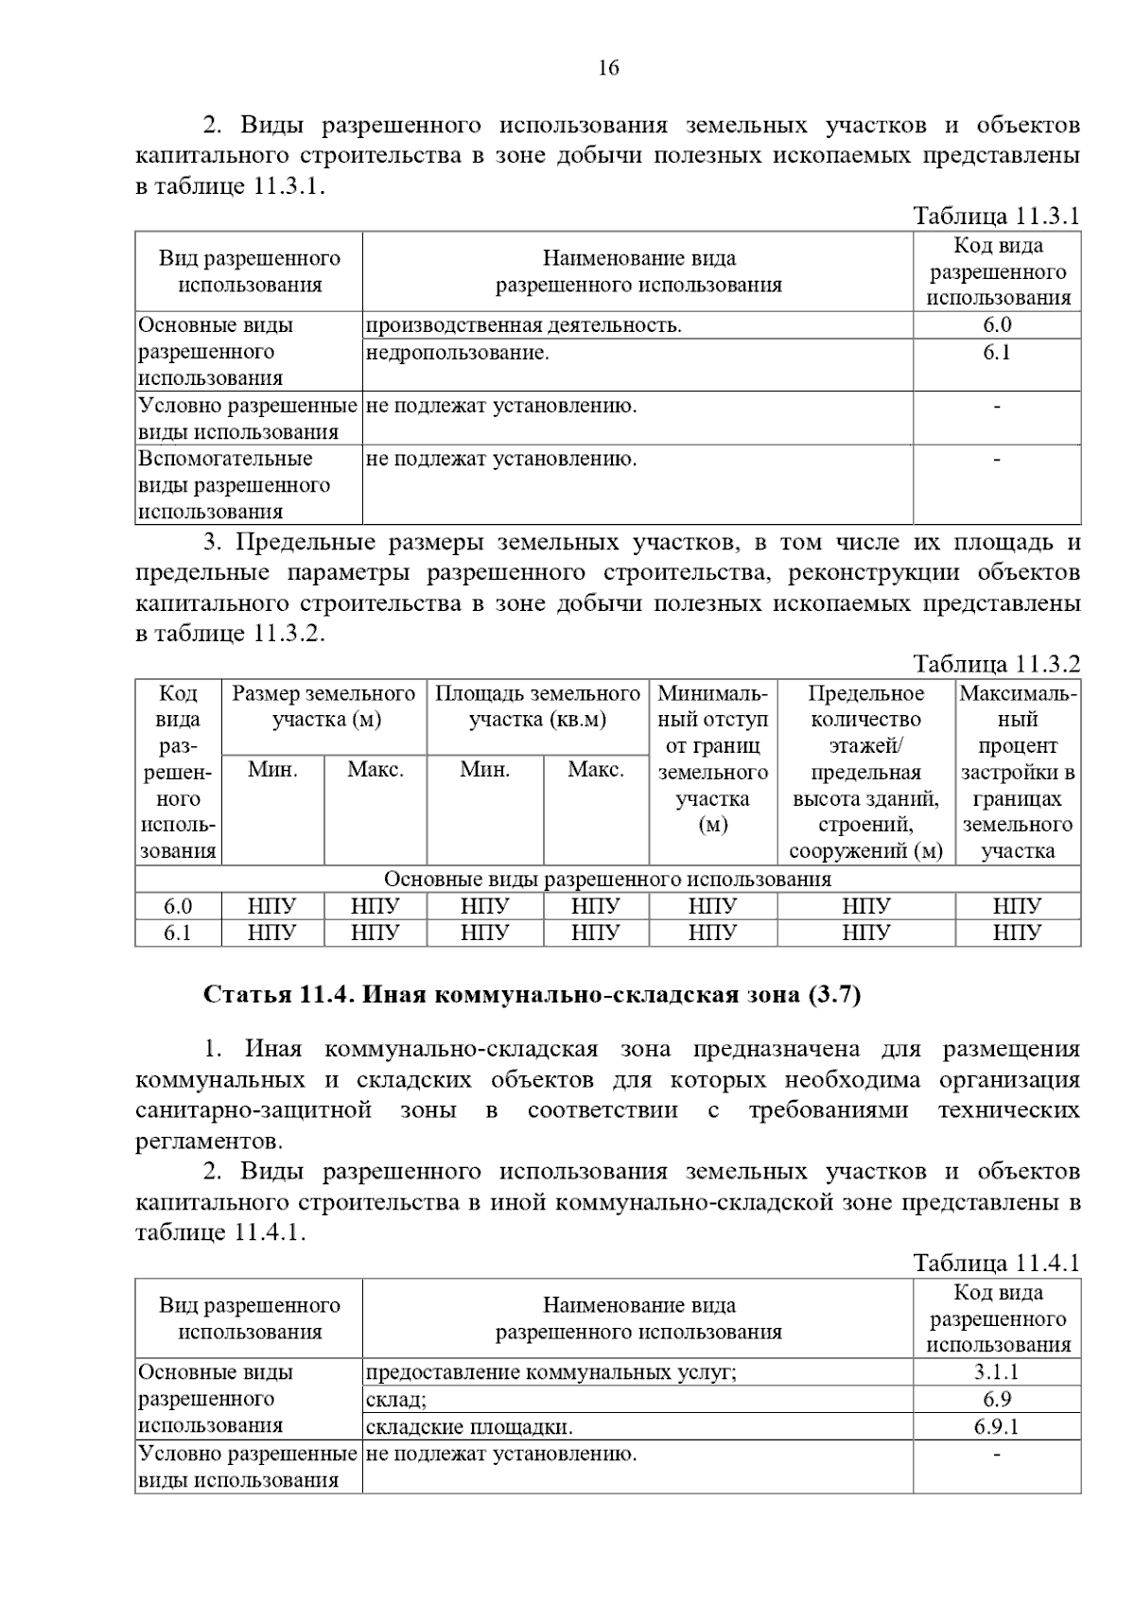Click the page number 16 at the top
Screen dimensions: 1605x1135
pyautogui.click(x=608, y=67)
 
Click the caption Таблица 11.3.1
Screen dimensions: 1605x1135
pyautogui.click(x=996, y=216)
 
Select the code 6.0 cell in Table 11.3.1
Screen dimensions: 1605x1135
pyautogui.click(x=997, y=325)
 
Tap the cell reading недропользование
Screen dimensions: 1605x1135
pyautogui.click(x=458, y=353)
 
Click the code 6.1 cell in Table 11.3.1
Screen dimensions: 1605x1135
pyautogui.click(x=997, y=353)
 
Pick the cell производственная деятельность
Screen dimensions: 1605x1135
pyautogui.click(x=524, y=325)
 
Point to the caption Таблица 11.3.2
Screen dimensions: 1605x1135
pyautogui.click(x=996, y=664)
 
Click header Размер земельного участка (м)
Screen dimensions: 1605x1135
pyautogui.click(x=324, y=707)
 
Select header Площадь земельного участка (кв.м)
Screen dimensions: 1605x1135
pyautogui.click(x=537, y=707)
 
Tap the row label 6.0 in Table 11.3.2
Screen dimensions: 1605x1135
pyautogui.click(x=178, y=906)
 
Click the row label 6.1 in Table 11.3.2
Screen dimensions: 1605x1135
pyautogui.click(x=178, y=933)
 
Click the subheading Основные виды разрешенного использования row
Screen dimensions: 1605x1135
pyautogui.click(x=607, y=880)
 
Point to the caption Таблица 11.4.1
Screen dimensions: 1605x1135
pyautogui.click(x=996, y=1263)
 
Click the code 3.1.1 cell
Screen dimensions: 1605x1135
pyautogui.click(x=997, y=1372)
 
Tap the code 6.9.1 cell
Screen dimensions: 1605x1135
pyautogui.click(x=997, y=1426)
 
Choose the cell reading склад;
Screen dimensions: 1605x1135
pyautogui.click(x=396, y=1400)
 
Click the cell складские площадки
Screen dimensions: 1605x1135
pyautogui.click(x=469, y=1426)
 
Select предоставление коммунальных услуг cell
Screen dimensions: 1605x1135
pyautogui.click(x=550, y=1372)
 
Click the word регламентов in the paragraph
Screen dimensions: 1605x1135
pyautogui.click(x=209, y=1141)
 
